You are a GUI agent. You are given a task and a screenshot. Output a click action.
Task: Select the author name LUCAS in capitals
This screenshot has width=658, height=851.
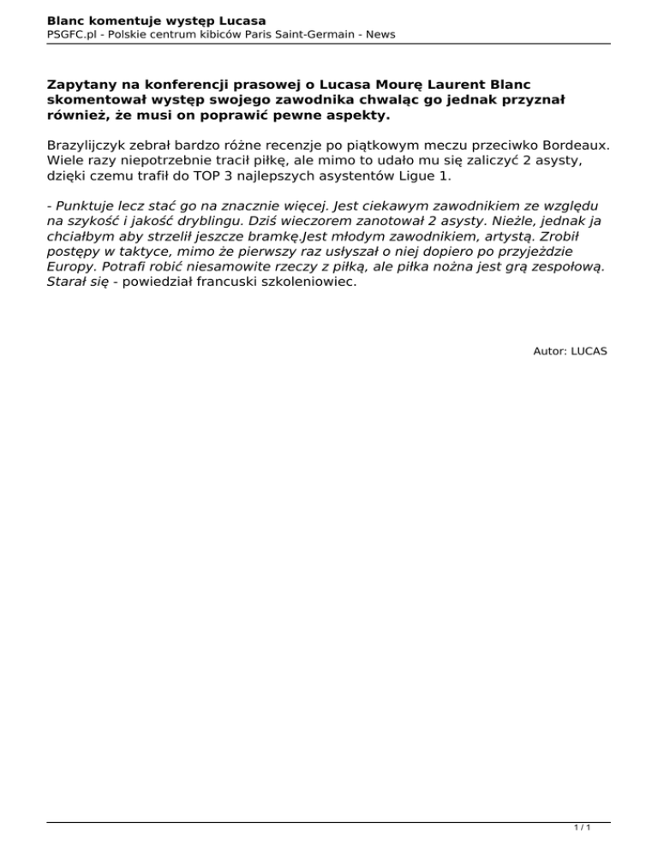589,351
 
